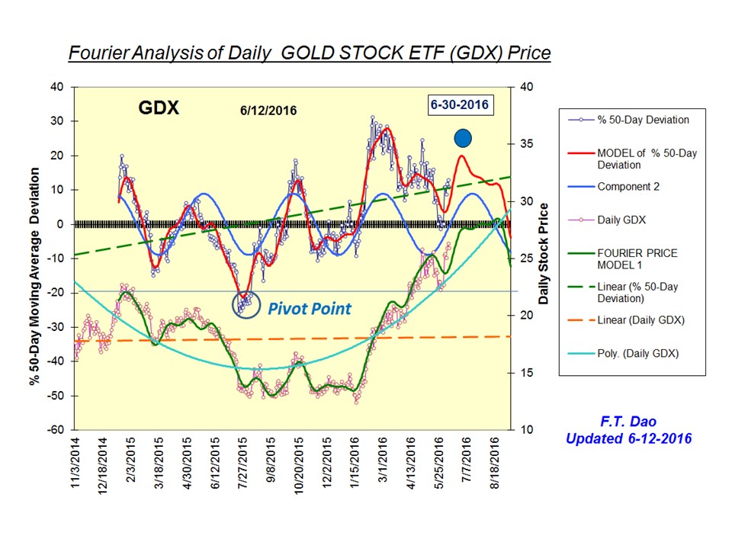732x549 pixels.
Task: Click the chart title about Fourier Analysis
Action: click(x=309, y=53)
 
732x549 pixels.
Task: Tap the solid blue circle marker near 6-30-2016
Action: click(x=464, y=138)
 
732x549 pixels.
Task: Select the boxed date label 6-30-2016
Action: click(x=459, y=104)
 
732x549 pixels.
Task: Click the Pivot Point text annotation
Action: click(x=309, y=309)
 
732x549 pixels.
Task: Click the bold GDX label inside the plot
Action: click(x=159, y=108)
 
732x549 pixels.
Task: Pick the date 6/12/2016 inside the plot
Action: click(x=264, y=111)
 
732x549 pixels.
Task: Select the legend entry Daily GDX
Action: click(x=621, y=220)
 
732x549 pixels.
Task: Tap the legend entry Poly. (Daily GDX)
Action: click(x=633, y=354)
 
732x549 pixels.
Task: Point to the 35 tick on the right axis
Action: click(x=526, y=144)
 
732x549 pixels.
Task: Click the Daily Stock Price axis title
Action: click(x=544, y=255)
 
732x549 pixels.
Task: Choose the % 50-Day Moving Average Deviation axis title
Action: click(x=34, y=258)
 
